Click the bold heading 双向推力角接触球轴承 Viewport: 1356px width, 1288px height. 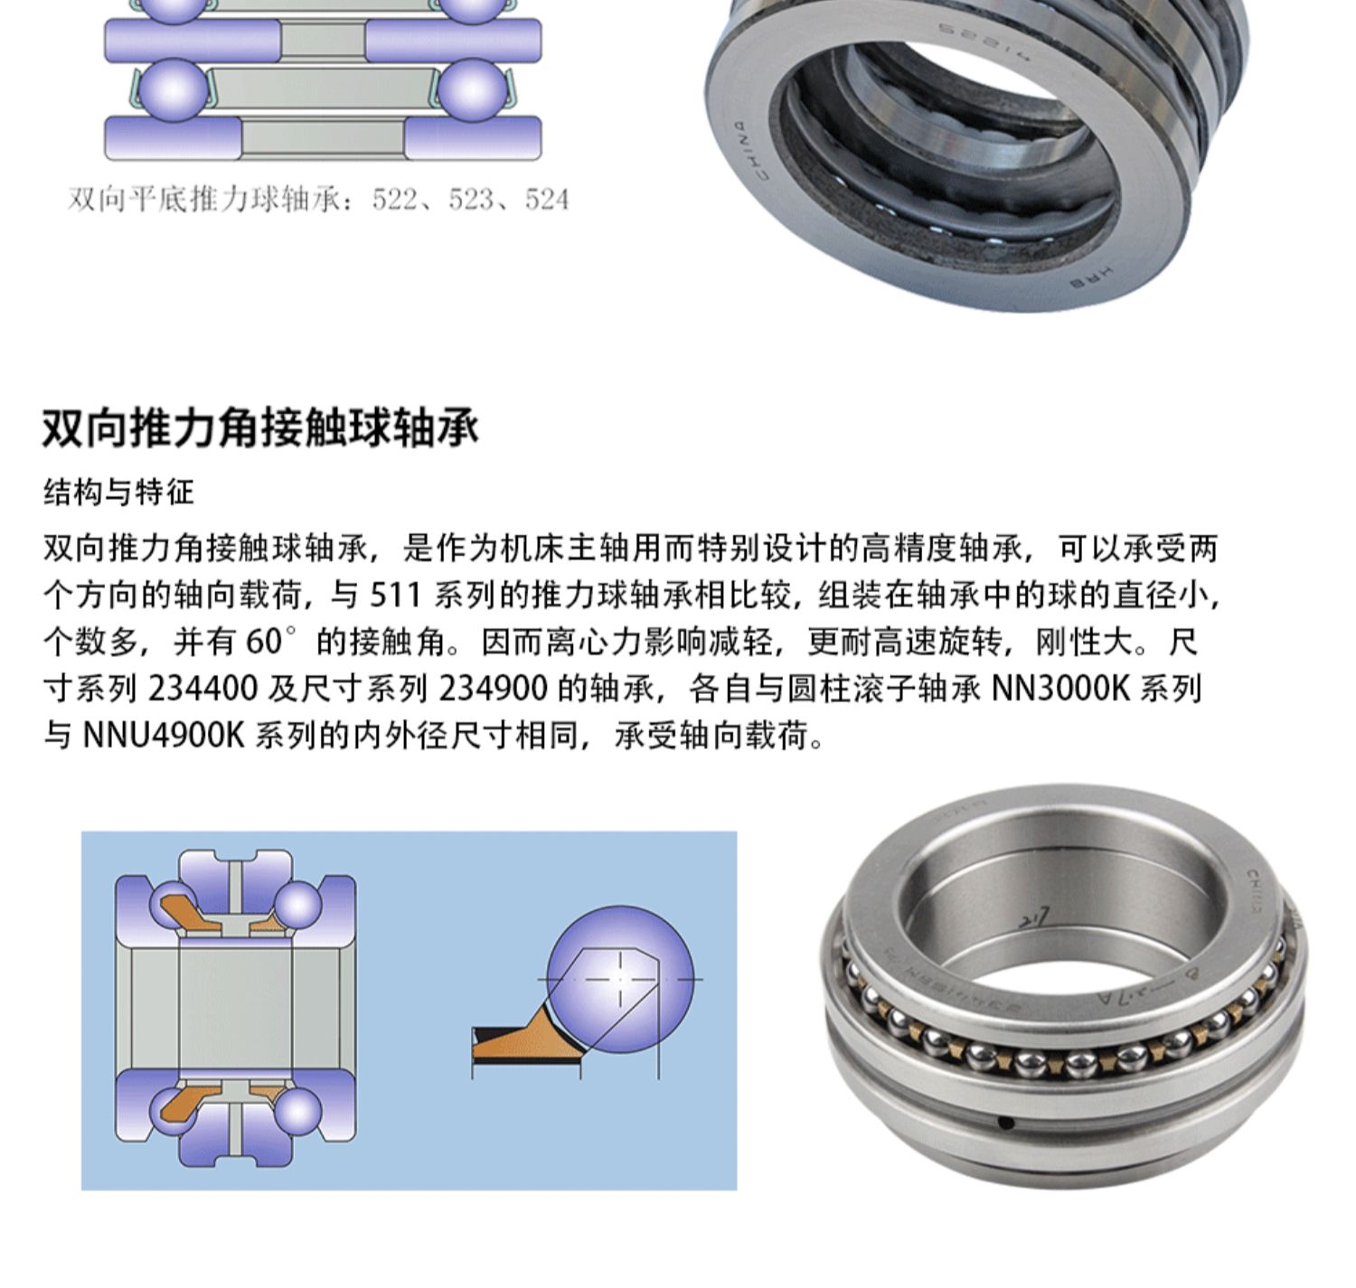pyautogui.click(x=260, y=428)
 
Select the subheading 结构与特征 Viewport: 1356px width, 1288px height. pyautogui.click(x=118, y=493)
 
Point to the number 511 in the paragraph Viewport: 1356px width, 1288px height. pyautogui.click(x=394, y=596)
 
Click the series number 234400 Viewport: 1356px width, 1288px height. pyautogui.click(x=202, y=689)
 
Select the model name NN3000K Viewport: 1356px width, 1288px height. pyautogui.click(x=1060, y=689)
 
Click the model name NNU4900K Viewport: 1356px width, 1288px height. pyautogui.click(x=164, y=736)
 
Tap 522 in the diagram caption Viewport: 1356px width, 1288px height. pyautogui.click(x=394, y=200)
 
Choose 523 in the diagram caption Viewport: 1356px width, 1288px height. pyautogui.click(x=470, y=200)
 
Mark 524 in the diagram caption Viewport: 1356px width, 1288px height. pyautogui.click(x=547, y=200)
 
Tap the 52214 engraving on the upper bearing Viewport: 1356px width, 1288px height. pyautogui.click(x=982, y=41)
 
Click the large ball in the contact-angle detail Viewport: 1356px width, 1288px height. pyautogui.click(x=620, y=980)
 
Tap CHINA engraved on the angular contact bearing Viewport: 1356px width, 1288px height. pyautogui.click(x=1261, y=891)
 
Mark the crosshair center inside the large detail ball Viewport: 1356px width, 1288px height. pyautogui.click(x=620, y=979)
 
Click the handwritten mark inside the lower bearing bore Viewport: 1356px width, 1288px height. pyautogui.click(x=1035, y=919)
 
